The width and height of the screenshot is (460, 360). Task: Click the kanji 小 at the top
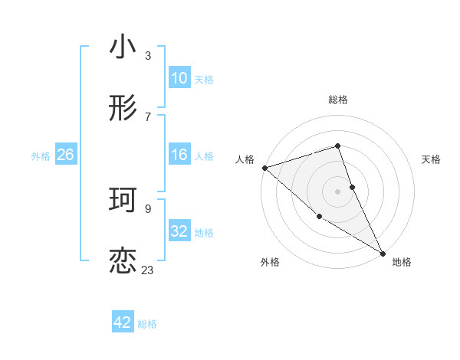(x=123, y=47)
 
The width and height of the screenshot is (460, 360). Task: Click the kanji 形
(x=123, y=109)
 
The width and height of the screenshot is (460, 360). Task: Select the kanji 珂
(x=123, y=200)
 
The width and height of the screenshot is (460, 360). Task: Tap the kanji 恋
(x=123, y=260)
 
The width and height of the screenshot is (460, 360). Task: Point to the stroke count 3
(x=148, y=56)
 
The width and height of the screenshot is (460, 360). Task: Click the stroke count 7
(x=148, y=116)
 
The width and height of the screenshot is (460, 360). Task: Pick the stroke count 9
(x=148, y=208)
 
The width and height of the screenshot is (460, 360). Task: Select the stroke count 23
(x=147, y=270)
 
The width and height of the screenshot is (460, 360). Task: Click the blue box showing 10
(x=179, y=78)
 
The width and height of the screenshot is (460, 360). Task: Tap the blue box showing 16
(x=179, y=155)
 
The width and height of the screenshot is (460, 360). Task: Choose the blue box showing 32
(x=179, y=231)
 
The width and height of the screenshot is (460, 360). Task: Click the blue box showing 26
(x=66, y=155)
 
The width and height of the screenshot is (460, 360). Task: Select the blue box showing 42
(x=123, y=322)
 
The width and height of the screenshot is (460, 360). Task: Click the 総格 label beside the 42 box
(x=147, y=324)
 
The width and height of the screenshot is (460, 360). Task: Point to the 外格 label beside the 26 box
(x=41, y=156)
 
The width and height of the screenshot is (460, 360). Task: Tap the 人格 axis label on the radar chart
(x=245, y=159)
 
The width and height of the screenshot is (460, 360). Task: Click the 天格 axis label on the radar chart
(x=432, y=159)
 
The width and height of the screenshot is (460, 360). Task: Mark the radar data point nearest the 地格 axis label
(x=383, y=252)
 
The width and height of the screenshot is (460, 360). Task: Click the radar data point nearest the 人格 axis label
(x=264, y=168)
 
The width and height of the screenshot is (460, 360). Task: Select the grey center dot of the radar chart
(x=338, y=191)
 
